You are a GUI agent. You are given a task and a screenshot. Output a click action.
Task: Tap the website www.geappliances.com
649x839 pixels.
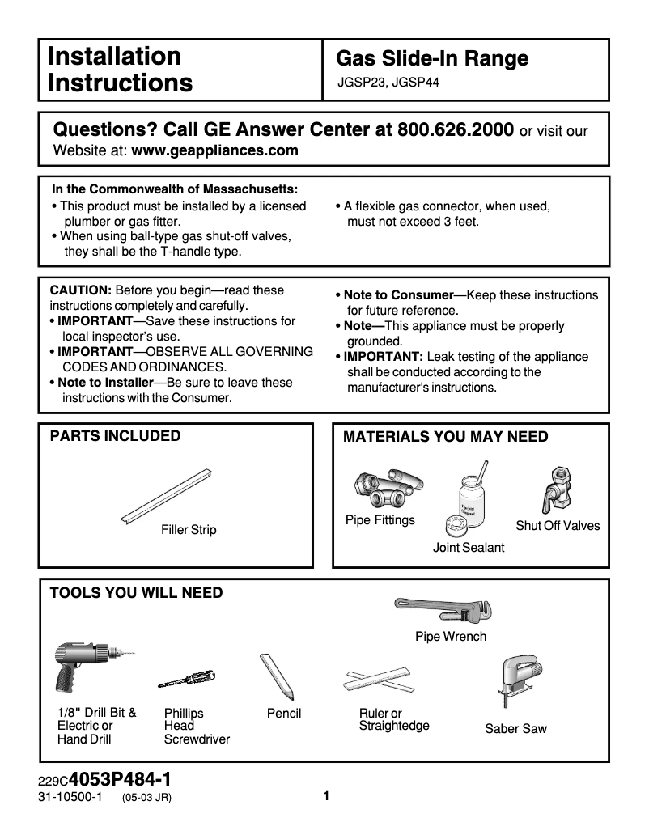tap(214, 150)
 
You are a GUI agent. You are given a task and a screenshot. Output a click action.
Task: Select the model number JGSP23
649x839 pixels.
tap(362, 82)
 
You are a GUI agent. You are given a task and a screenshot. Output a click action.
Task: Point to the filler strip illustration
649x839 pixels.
tap(167, 495)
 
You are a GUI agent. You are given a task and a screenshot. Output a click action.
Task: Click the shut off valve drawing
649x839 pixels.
tap(558, 490)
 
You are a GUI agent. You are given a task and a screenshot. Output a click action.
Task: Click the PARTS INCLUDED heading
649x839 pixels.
tap(115, 436)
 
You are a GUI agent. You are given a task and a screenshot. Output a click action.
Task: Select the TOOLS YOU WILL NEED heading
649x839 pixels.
tap(136, 593)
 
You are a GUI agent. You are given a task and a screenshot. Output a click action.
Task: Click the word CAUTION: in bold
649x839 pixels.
tap(81, 290)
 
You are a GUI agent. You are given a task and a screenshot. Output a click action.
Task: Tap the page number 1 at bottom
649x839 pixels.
tap(326, 796)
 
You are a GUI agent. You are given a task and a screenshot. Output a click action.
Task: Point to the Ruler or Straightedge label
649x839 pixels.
tap(393, 719)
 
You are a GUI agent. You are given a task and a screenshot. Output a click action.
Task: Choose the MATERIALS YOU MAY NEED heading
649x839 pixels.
tap(446, 437)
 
